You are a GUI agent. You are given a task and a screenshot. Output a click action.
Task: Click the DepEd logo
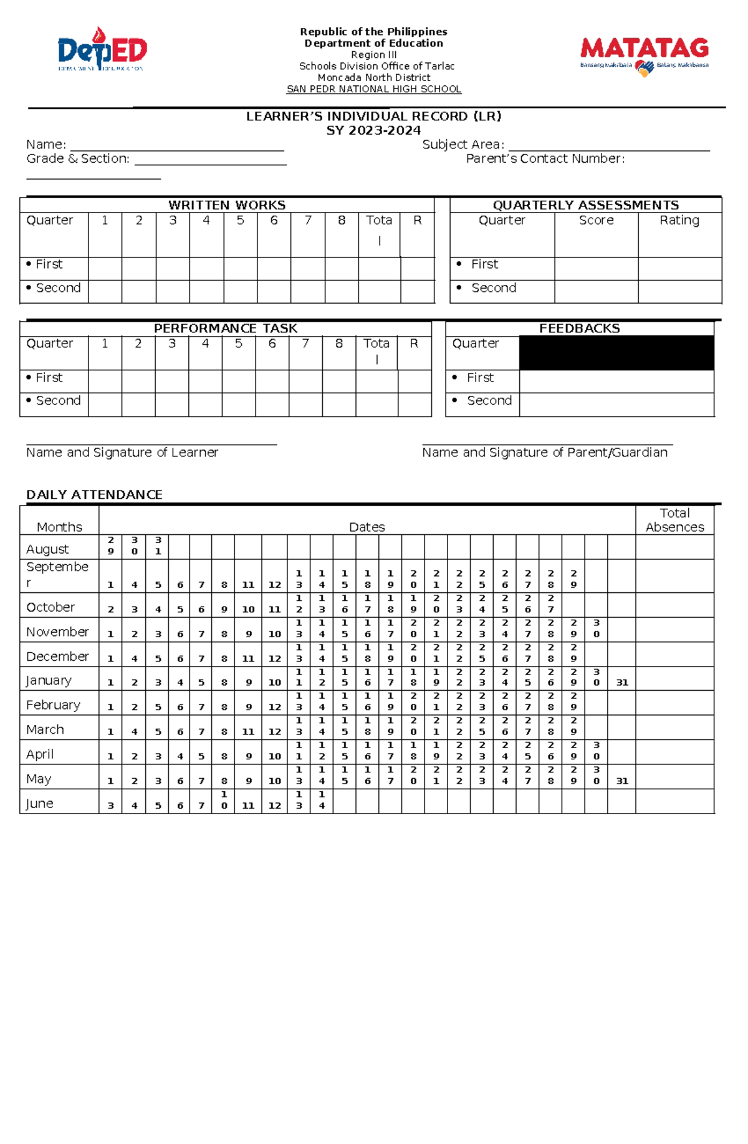(102, 50)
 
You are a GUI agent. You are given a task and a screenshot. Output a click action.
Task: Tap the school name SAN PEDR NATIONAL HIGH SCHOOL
(373, 89)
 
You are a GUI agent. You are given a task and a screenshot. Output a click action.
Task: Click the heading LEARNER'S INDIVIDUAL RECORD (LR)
(373, 117)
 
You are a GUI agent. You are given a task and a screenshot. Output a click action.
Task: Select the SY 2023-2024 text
(373, 130)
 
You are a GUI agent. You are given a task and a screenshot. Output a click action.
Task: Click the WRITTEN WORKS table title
(227, 205)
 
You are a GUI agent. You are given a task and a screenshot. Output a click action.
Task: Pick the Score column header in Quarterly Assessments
(596, 220)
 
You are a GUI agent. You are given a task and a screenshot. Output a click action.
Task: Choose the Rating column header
(679, 220)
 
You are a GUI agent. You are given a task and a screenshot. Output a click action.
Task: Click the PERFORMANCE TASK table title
(226, 329)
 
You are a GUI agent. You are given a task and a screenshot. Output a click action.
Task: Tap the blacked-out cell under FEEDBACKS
(616, 353)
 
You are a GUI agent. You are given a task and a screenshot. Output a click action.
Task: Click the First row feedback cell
(616, 381)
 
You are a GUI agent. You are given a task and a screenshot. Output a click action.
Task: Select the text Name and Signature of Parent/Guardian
(544, 453)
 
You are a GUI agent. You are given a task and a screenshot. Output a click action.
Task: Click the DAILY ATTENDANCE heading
(94, 494)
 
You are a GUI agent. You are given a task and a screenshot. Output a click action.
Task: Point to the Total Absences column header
(674, 520)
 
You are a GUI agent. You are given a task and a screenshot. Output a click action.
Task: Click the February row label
(53, 705)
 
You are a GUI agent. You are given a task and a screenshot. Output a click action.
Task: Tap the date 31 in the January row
(622, 683)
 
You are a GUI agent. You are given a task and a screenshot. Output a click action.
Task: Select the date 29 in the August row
(111, 546)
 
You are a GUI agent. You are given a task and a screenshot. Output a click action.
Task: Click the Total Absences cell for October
(674, 605)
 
